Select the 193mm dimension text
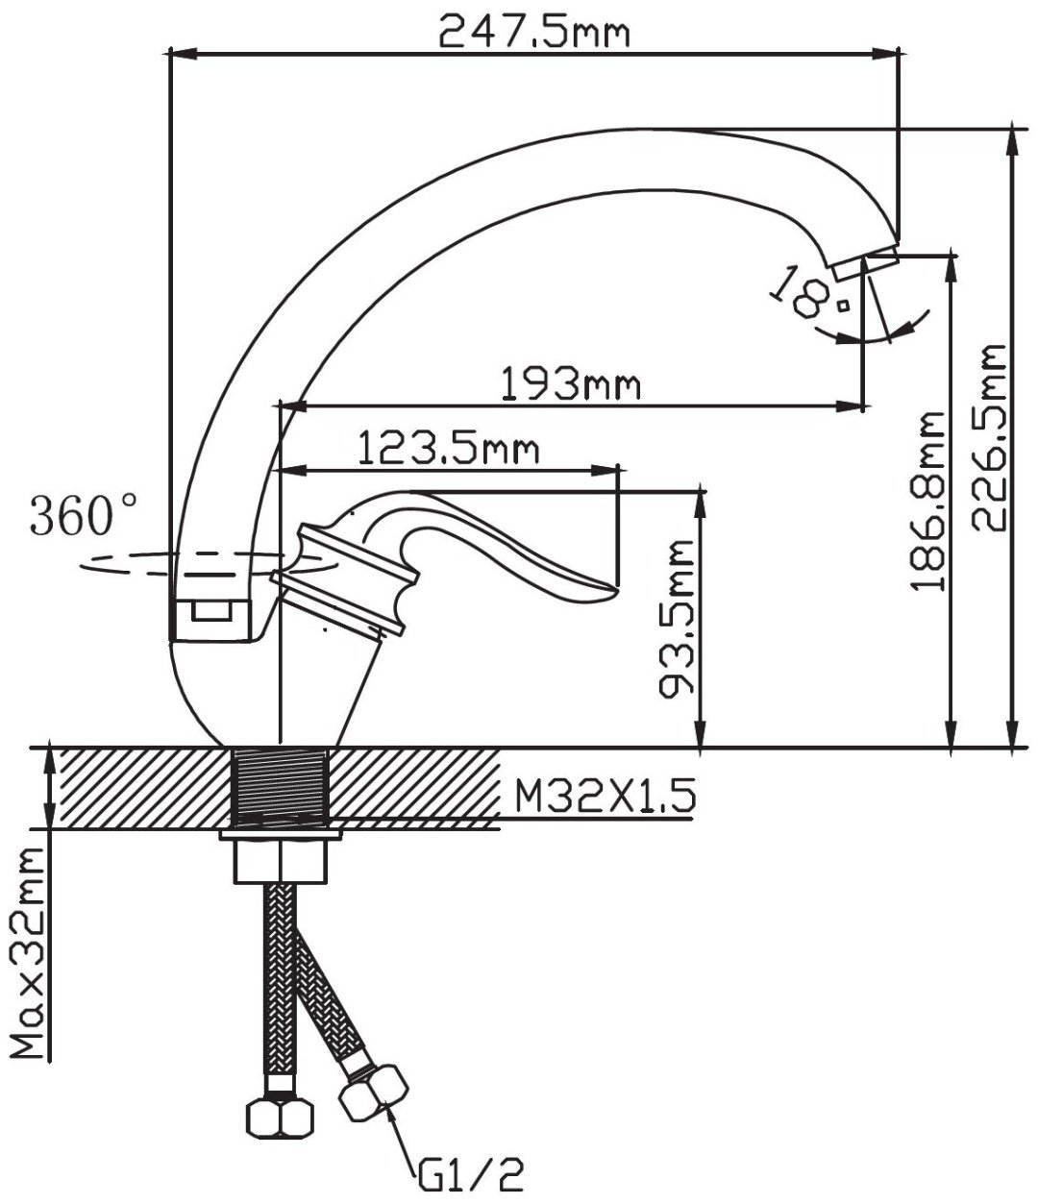point(571,383)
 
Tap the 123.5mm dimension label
point(448,448)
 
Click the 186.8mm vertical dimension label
point(927,502)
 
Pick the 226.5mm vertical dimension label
point(989,438)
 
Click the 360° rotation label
point(84,514)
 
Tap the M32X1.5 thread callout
point(605,797)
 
